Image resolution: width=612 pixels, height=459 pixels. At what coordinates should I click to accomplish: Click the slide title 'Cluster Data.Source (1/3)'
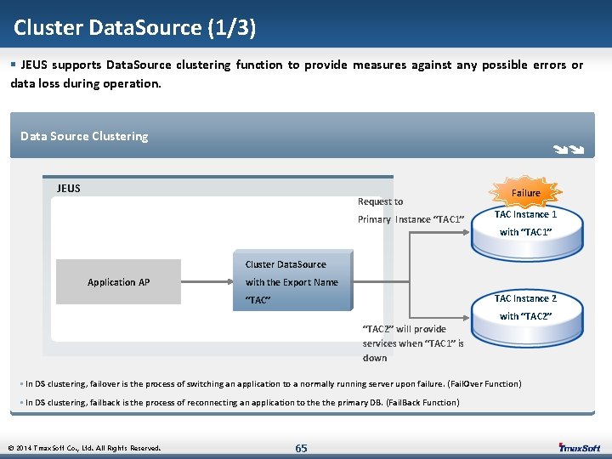coord(134,28)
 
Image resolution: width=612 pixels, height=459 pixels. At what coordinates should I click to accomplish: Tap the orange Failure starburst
coord(525,193)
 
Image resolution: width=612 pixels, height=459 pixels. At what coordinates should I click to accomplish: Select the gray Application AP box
coord(118,282)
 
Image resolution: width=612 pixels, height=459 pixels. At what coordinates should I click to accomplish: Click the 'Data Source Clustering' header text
coord(84,136)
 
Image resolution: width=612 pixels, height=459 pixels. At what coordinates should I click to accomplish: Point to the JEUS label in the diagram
coord(69,188)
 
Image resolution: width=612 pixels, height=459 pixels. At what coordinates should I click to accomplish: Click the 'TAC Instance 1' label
coord(525,214)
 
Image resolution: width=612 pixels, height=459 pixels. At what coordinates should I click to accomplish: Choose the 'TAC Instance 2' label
coord(525,298)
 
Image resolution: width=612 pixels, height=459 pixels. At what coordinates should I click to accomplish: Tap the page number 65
coord(301,448)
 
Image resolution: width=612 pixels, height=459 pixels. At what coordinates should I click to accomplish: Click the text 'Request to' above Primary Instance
coord(380,201)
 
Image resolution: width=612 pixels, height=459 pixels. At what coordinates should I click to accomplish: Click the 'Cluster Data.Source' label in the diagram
coord(286,264)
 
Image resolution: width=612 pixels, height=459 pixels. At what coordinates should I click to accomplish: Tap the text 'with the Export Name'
coord(292,282)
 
